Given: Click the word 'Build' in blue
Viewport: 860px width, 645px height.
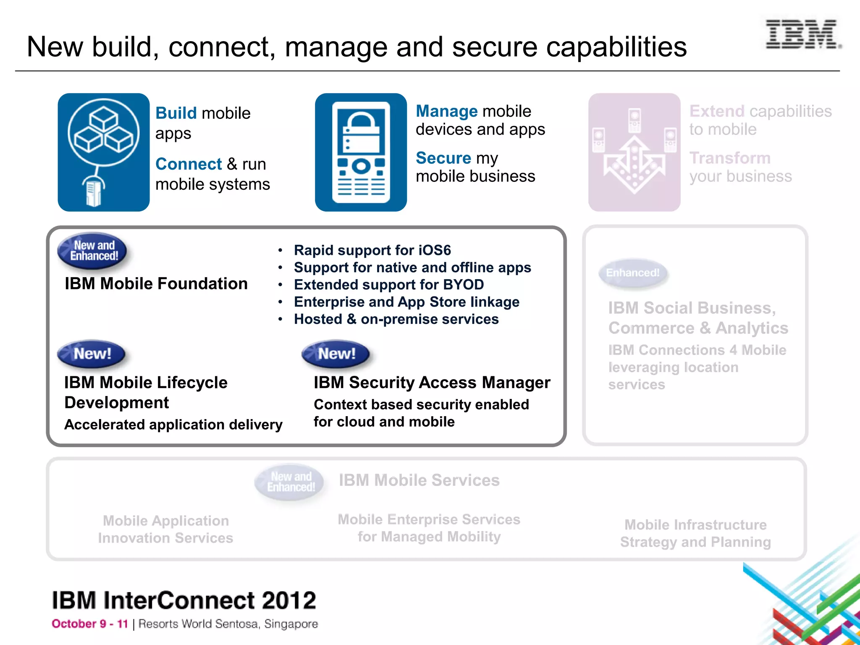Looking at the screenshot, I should point(176,113).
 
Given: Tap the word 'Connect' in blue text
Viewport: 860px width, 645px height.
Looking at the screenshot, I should point(189,164).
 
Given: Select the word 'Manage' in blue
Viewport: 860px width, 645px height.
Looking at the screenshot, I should point(446,111).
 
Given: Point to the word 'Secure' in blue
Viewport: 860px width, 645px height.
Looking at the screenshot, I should point(443,158).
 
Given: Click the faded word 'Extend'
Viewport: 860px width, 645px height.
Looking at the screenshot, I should point(717,111).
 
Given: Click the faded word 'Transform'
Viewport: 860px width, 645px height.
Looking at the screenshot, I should point(730,158).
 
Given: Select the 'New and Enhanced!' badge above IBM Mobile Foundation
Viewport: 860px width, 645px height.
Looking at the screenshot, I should point(94,251).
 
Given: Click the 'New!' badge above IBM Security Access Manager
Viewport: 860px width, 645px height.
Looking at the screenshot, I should point(336,354).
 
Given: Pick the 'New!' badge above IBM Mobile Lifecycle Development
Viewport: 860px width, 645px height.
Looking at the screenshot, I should point(92,354).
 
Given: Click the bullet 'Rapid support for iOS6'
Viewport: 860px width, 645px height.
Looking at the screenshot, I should point(372,250).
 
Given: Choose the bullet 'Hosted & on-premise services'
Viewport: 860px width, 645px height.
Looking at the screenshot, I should point(396,319).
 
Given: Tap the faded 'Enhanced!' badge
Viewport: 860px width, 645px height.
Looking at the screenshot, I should point(633,273).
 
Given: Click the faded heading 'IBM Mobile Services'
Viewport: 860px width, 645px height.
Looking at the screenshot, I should point(419,480).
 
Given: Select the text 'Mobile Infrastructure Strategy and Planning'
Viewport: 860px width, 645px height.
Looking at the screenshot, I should point(695,533).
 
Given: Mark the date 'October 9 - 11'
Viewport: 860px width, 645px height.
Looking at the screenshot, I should point(90,624).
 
